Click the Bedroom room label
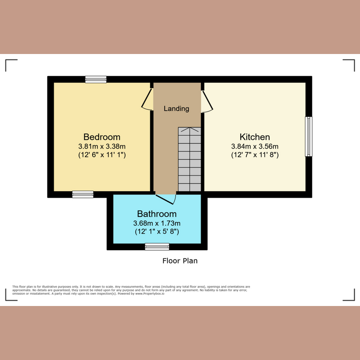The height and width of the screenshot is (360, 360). coord(102,137)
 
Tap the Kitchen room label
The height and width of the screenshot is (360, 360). coord(255,137)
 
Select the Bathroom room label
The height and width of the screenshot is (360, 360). coord(157,214)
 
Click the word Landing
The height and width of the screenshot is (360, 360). coord(176,108)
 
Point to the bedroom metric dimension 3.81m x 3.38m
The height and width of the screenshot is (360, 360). coord(102,146)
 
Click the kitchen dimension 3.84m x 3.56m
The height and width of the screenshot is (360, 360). coord(255,146)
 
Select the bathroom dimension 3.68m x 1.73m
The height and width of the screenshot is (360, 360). coord(157,223)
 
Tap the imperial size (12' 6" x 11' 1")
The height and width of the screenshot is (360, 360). coord(102,155)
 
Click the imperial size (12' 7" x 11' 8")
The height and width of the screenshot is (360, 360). coord(255,155)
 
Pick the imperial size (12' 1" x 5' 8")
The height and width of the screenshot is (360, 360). coord(157,232)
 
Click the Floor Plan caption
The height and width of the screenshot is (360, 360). coord(180,261)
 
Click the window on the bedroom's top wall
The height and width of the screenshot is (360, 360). coord(96,79)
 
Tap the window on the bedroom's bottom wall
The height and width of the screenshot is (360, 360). coord(83,194)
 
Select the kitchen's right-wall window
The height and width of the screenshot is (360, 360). coord(308,136)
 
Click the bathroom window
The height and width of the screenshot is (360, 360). coord(157,247)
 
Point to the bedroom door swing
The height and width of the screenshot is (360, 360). coord(147,99)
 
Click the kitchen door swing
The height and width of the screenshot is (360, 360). coord(207,102)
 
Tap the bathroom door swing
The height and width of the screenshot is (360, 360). coord(166,198)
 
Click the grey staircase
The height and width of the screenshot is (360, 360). coord(189,160)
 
